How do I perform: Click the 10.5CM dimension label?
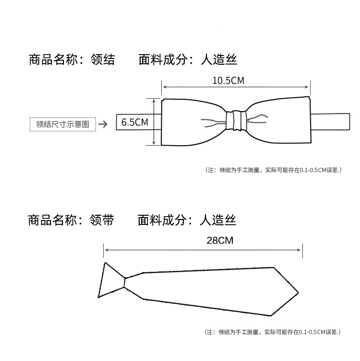coord(228,81)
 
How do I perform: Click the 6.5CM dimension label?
coord(134,122)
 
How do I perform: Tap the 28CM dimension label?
coord(219,241)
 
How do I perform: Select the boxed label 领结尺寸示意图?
coord(63,124)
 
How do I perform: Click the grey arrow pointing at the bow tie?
coord(103,125)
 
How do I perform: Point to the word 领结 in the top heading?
coord(103,59)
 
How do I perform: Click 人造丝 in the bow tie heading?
coord(219,59)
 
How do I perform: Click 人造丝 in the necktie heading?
coord(218,220)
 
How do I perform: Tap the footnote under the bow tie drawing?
coord(273,170)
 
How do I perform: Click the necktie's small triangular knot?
coord(111,280)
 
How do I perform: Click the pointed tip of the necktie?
coord(297,292)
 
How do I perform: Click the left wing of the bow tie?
coord(192,121)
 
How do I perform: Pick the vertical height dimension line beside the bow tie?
coord(154,122)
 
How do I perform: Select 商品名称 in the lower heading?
coord(52,220)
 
